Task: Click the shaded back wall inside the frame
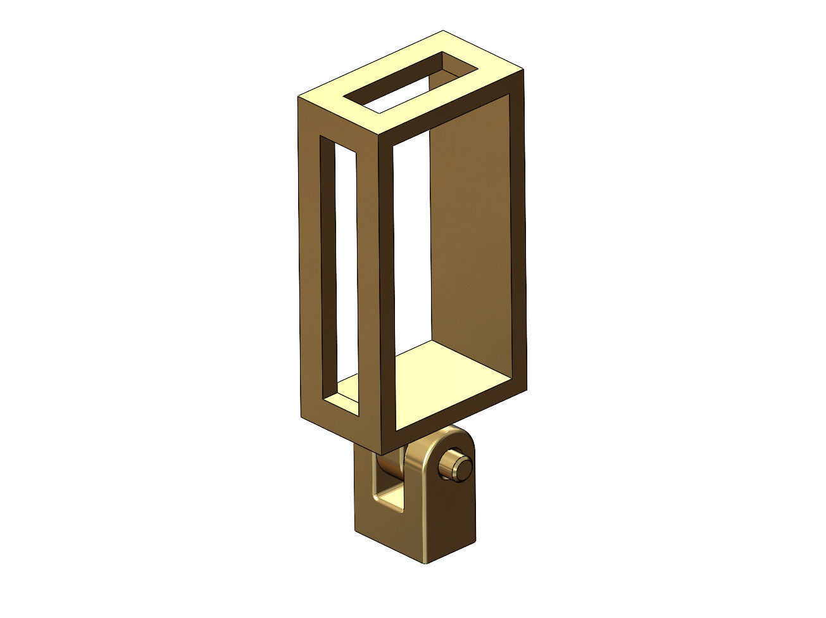tap(472, 241)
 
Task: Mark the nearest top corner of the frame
tap(379, 137)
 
